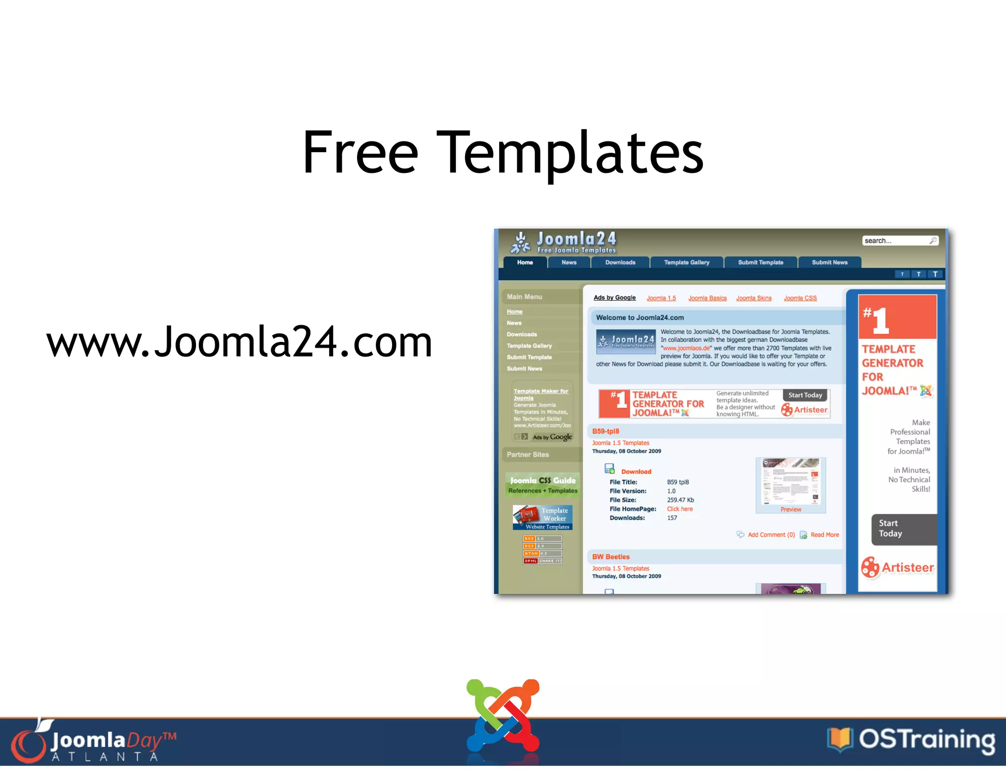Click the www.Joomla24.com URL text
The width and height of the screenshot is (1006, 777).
coord(239,341)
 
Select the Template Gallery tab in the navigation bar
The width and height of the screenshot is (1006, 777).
coord(686,263)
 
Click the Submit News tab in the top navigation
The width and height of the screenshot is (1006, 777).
coord(829,263)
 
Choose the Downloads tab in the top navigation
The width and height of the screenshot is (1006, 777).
coord(620,263)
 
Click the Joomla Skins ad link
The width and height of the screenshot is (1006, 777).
coord(754,298)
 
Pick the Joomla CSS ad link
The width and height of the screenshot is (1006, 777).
coord(800,298)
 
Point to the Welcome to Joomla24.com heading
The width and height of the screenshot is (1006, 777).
coord(640,318)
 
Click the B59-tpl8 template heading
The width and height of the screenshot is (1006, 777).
coord(606,431)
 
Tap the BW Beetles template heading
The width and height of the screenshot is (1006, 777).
coord(611,557)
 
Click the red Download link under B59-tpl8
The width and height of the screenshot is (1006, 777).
coord(636,472)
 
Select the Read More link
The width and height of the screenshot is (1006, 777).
coord(824,535)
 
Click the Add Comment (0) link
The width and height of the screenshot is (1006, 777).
coord(771,535)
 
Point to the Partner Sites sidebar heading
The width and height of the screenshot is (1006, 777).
coord(528,455)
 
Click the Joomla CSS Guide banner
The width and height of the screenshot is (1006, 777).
coord(543,485)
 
